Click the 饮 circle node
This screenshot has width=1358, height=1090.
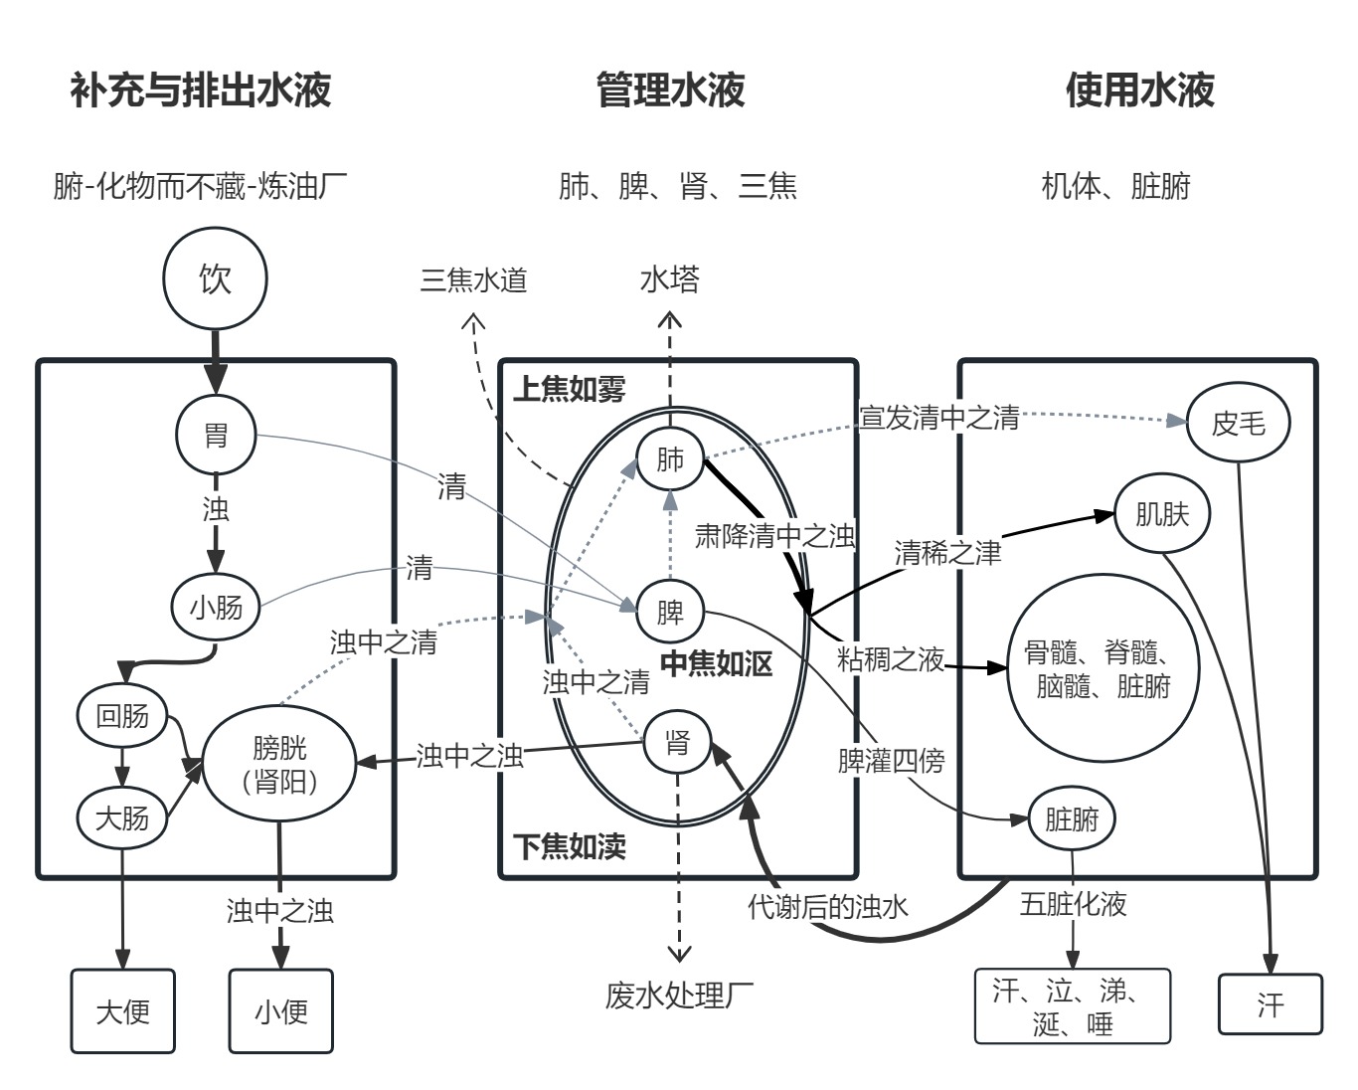215,278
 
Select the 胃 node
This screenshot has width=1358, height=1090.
216,435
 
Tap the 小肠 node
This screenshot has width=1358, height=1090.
216,607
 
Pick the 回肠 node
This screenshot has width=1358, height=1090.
122,715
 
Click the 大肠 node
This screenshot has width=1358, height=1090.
122,817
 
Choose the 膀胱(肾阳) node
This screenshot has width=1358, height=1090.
279,764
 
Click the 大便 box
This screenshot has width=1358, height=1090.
122,1011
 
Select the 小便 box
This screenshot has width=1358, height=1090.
281,1011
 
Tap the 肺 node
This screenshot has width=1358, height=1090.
671,459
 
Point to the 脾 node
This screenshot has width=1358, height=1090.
671,611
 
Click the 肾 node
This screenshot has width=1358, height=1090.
678,742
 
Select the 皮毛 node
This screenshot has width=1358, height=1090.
1239,424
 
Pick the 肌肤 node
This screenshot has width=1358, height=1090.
1162,514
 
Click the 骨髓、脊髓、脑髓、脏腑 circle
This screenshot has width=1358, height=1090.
1103,669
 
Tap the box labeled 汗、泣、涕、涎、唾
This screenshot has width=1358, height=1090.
1073,1006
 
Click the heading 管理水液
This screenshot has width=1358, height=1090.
670,90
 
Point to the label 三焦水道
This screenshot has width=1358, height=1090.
473,280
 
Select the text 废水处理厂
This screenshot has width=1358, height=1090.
679,995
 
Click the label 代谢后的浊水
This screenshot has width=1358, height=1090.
827,906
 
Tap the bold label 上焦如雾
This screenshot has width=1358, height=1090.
570,390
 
